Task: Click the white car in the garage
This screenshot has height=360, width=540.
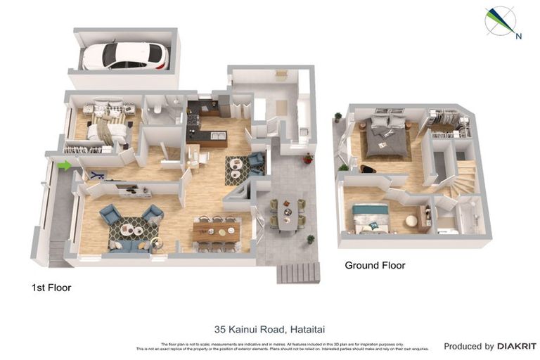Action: click(125, 56)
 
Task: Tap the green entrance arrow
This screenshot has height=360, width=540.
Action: click(64, 166)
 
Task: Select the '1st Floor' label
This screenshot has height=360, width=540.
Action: click(51, 288)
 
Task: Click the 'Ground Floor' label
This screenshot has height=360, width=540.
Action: click(374, 265)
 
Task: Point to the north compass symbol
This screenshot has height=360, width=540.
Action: click(501, 21)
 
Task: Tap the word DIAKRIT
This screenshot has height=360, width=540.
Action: click(517, 346)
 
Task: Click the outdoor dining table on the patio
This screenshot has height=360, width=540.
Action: click(287, 212)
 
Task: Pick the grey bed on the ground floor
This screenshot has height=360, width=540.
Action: click(385, 135)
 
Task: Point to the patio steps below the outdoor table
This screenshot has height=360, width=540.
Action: click(298, 272)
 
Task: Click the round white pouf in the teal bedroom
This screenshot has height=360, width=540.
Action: click(411, 221)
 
